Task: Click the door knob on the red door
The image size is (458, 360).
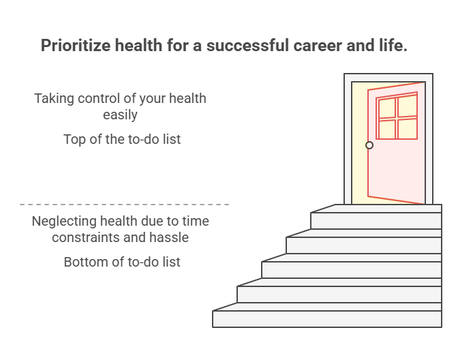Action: [x=369, y=145]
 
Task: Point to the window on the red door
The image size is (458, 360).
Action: [x=397, y=117]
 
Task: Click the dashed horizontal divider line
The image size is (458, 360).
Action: [x=124, y=204]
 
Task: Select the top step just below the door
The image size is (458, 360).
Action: [x=377, y=220]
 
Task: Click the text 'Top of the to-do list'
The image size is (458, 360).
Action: [x=122, y=139]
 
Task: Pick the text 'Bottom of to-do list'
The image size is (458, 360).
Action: [x=122, y=262]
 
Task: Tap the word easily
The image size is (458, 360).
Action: [x=120, y=115]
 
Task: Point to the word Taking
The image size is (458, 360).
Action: [x=54, y=98]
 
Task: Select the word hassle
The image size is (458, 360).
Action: [x=167, y=238]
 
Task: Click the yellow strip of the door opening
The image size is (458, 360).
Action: [x=359, y=143]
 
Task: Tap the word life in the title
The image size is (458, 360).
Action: [x=395, y=46]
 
